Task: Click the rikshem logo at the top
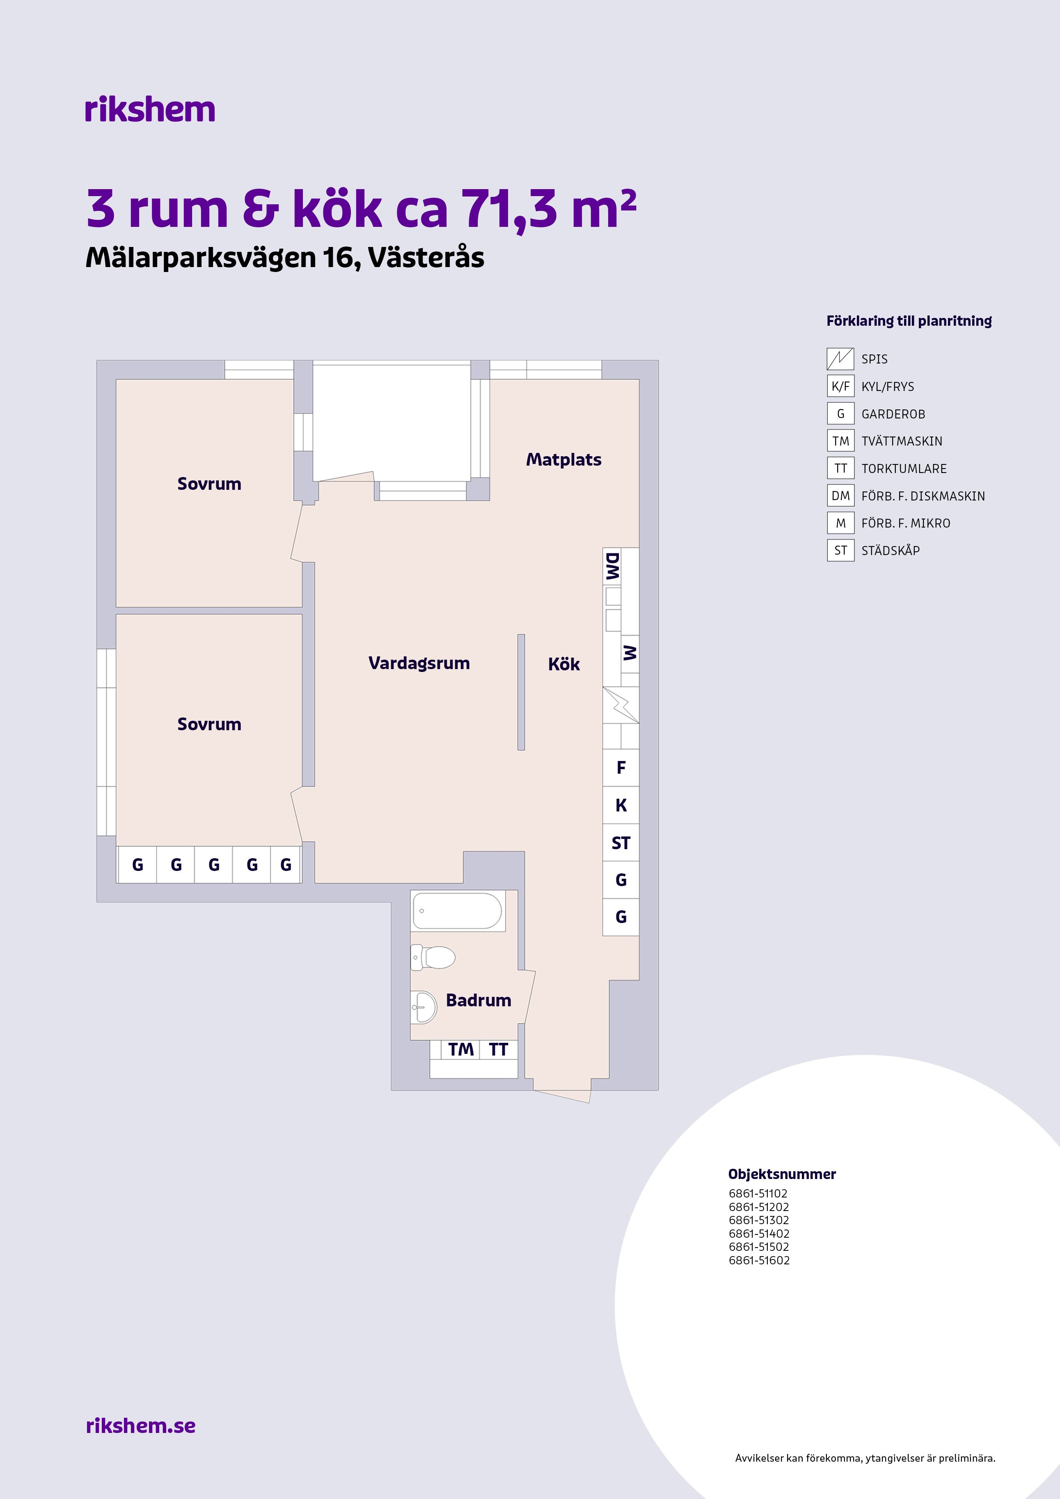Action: pyautogui.click(x=149, y=110)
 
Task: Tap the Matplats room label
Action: pyautogui.click(x=563, y=459)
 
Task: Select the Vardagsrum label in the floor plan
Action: pyautogui.click(x=419, y=663)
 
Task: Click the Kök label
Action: pyautogui.click(x=563, y=664)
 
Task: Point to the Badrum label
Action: pyautogui.click(x=478, y=1000)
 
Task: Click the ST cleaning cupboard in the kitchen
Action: pyautogui.click(x=620, y=843)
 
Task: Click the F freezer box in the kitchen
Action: pyautogui.click(x=620, y=768)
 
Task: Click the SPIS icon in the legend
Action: pyautogui.click(x=840, y=359)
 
